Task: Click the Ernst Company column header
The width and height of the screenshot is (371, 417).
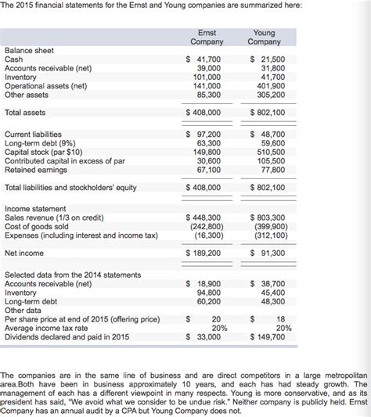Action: (207, 37)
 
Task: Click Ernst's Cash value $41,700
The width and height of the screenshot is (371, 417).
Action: (204, 59)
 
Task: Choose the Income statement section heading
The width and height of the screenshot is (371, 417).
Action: (37, 209)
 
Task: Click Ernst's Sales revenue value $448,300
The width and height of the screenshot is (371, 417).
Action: (204, 217)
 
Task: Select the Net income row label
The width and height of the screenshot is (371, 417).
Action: (25, 253)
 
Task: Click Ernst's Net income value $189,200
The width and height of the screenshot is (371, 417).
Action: (204, 253)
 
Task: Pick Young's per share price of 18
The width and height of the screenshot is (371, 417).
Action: (280, 319)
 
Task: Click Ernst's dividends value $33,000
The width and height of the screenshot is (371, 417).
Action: (204, 336)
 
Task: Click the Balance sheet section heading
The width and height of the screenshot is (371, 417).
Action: (29, 50)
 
